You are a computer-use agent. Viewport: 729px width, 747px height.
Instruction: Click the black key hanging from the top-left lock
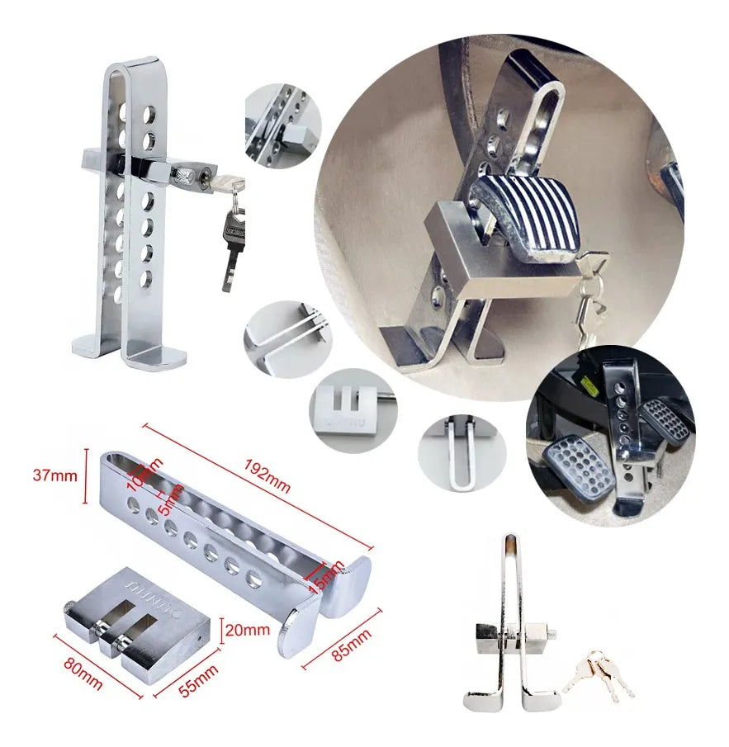pos(231,243)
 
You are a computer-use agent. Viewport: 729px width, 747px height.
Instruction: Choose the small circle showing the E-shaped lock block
pos(353,409)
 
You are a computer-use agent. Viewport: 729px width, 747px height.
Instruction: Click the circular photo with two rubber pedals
pos(611,436)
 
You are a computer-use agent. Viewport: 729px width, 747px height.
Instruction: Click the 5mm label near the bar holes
pos(171,499)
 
